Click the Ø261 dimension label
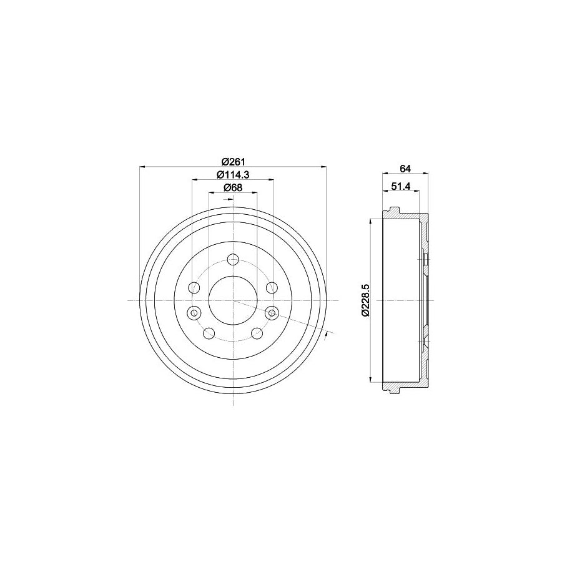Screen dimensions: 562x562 (x=232, y=159)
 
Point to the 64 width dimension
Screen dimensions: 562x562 (x=405, y=169)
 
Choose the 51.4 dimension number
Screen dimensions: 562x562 (x=400, y=185)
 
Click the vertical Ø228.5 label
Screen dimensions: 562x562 (x=366, y=300)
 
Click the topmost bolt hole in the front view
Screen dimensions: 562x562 (x=233, y=259)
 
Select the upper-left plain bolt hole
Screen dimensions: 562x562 (x=195, y=288)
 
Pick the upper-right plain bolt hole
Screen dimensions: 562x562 (x=272, y=288)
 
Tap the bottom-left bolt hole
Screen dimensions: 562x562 (x=209, y=333)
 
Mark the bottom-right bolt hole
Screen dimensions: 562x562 (x=257, y=333)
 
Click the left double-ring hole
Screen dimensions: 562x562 (x=194, y=312)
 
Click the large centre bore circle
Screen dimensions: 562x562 (x=233, y=300)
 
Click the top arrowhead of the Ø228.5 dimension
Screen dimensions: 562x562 (x=373, y=221)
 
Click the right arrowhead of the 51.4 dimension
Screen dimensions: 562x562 (x=417, y=192)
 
